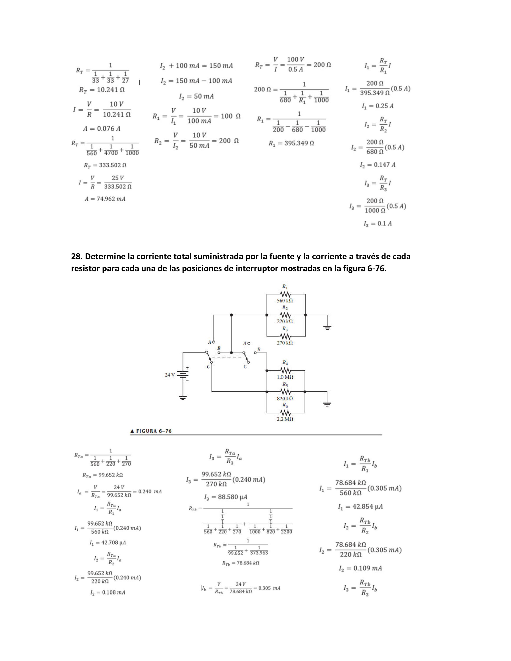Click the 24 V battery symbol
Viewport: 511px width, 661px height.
183,375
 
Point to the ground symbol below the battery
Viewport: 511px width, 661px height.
183,398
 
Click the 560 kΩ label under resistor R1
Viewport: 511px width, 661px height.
285,301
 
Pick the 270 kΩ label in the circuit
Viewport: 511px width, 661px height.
285,343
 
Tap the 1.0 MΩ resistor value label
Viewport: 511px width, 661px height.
285,377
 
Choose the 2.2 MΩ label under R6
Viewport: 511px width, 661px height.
285,419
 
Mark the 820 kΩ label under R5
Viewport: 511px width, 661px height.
285,399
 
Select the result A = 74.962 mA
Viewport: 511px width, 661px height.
105,199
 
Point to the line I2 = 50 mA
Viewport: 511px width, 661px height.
196,96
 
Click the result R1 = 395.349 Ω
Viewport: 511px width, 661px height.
291,143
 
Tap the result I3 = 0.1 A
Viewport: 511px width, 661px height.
378,224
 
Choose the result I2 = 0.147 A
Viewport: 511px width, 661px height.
378,165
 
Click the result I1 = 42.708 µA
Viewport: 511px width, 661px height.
107,543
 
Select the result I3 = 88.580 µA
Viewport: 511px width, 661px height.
225,497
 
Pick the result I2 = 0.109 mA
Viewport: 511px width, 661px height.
360,568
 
